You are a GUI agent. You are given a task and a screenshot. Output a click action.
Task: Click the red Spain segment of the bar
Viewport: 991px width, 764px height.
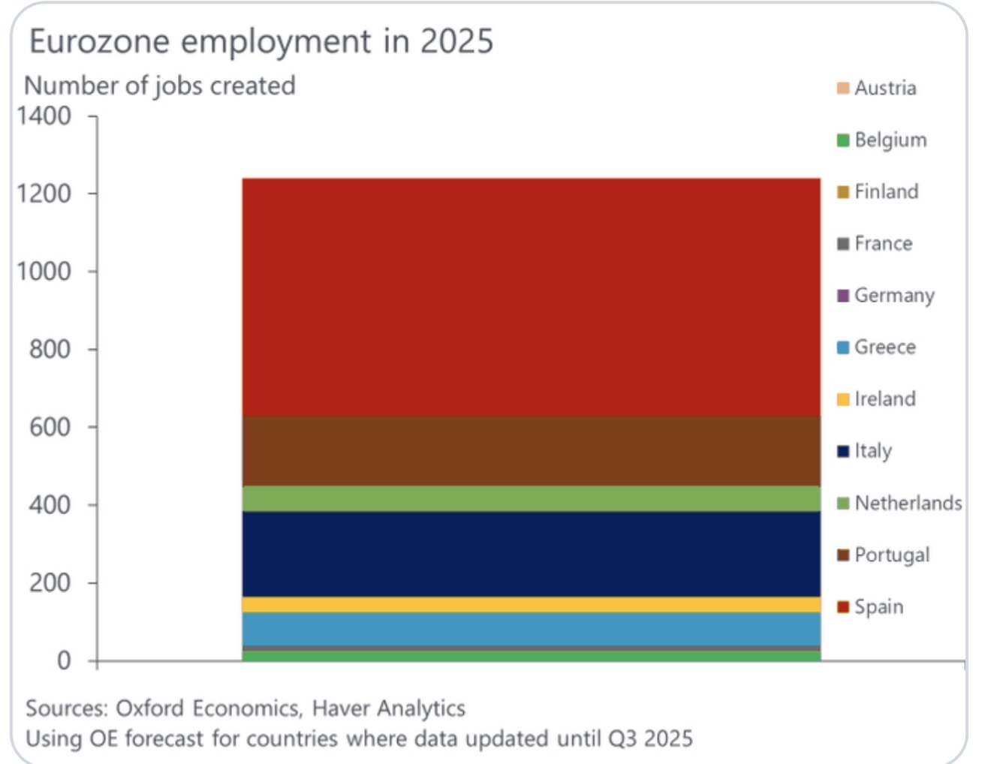(x=531, y=297)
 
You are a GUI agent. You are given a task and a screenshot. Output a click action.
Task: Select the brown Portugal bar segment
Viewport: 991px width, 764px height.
(x=531, y=451)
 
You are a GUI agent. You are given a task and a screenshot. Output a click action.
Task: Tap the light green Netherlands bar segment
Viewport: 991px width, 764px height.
(x=531, y=499)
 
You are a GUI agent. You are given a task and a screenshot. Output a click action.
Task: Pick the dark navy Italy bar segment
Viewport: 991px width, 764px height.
(x=531, y=554)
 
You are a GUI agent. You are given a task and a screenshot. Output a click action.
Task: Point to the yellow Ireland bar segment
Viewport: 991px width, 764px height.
(x=531, y=605)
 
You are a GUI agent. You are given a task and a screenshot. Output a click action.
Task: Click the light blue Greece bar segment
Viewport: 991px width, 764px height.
(x=531, y=629)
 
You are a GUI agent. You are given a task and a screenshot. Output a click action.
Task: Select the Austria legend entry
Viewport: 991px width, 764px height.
(x=877, y=88)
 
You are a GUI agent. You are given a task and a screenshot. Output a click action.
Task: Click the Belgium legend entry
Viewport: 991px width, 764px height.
(x=882, y=140)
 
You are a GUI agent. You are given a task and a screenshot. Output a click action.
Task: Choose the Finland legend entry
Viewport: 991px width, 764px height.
(x=878, y=192)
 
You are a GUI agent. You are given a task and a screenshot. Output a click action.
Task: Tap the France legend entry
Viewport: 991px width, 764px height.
(x=875, y=244)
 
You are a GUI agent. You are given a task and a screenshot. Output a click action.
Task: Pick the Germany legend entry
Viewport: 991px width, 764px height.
(x=886, y=296)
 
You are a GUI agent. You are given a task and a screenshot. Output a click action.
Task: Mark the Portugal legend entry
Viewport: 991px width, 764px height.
(x=884, y=555)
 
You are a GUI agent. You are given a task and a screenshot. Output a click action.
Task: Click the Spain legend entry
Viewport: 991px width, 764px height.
(x=871, y=607)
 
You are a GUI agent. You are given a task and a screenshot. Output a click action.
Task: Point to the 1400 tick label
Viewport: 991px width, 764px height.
(x=44, y=116)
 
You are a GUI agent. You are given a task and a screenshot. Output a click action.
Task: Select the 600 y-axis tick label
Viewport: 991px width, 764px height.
(x=50, y=427)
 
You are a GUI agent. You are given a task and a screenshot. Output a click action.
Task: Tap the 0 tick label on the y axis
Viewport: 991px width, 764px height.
(x=64, y=660)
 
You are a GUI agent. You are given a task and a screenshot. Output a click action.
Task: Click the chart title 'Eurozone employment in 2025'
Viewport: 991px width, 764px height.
(x=261, y=41)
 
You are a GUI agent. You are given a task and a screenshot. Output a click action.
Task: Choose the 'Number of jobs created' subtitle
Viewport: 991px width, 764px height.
(x=160, y=86)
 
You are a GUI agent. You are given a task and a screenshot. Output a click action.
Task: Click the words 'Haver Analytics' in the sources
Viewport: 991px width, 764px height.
(x=388, y=708)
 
